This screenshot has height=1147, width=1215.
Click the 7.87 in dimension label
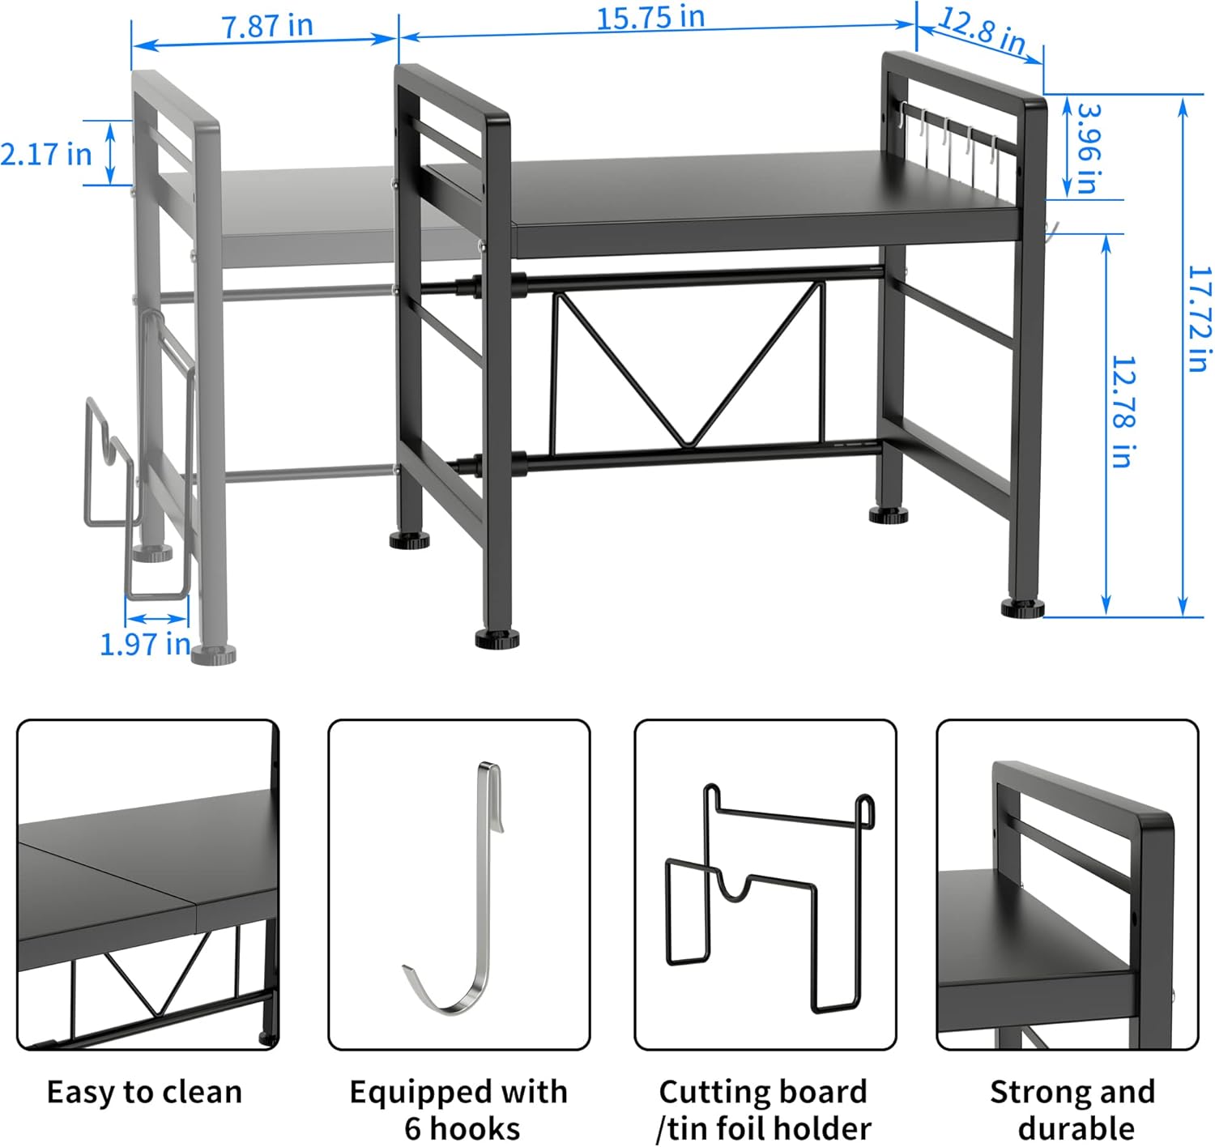click(x=267, y=26)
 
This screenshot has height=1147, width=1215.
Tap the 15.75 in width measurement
click(x=650, y=18)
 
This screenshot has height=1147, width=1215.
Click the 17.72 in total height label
click(x=1200, y=319)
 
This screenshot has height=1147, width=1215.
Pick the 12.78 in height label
click(x=1123, y=412)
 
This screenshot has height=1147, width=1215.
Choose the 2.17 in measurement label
click(x=46, y=154)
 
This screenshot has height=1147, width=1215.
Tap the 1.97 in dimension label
click(x=145, y=645)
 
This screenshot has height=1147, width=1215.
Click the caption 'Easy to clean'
click(x=145, y=1092)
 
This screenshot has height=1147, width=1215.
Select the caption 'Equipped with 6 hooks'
click(x=458, y=1110)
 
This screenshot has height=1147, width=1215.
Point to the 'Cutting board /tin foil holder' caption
click(x=764, y=1110)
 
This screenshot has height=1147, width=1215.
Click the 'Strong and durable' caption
click(x=1073, y=1110)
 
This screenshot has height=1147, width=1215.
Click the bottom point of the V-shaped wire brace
click(x=689, y=446)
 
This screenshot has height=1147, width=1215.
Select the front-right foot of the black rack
click(x=1023, y=609)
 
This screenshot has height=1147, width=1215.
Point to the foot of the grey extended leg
click(x=214, y=655)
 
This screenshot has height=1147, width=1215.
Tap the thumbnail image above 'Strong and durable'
click(x=1068, y=885)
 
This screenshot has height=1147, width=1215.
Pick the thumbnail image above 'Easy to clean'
click(x=148, y=885)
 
